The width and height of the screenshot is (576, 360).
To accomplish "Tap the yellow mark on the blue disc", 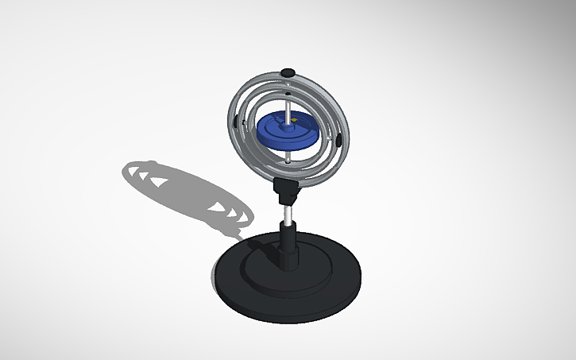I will pyautogui.click(x=293, y=121).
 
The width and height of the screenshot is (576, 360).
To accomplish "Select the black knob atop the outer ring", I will pyautogui.click(x=288, y=73).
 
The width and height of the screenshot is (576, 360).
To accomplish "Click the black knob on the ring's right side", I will pyautogui.click(x=338, y=141).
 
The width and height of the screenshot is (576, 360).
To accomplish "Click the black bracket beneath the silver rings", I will pyautogui.click(x=287, y=189).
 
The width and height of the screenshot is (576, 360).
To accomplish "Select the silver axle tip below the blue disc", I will pyautogui.click(x=286, y=158).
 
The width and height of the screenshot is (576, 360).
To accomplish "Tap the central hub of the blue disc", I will pyautogui.click(x=288, y=124).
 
